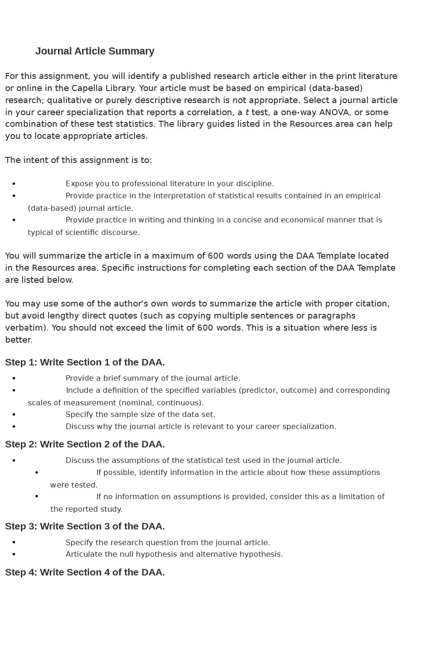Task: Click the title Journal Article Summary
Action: click(95, 51)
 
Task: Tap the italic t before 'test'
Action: click(247, 112)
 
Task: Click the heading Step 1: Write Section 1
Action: click(85, 362)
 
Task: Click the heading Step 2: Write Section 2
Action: click(85, 444)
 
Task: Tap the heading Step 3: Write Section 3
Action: click(85, 526)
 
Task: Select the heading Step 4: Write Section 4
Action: click(85, 572)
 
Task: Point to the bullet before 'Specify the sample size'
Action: click(14, 414)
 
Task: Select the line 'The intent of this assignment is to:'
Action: click(78, 160)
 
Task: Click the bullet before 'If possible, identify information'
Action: click(37, 473)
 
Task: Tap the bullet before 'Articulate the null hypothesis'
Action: click(14, 554)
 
